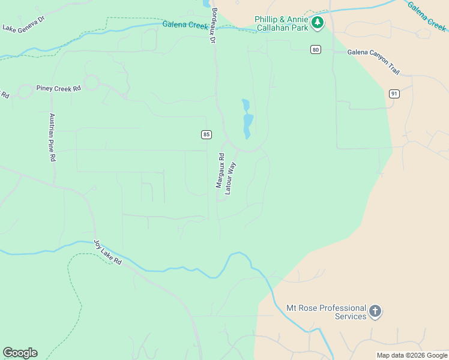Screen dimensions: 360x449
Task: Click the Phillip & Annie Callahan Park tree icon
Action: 318,23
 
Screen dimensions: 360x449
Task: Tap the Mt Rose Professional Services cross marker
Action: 375,311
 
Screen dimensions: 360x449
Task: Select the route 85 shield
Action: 206,134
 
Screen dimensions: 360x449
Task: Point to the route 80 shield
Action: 315,49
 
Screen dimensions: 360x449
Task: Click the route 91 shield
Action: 394,94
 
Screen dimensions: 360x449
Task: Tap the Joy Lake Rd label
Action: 107,253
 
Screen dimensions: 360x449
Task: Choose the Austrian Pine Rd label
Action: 52,137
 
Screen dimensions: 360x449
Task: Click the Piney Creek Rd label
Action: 58,89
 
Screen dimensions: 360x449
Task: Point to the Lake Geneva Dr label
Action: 23,23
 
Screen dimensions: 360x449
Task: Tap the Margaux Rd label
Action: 220,171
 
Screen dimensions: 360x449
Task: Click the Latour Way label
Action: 231,177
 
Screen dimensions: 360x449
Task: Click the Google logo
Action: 20,353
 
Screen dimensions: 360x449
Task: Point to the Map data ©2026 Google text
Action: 412,355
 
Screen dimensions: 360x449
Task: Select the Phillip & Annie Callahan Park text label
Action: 281,23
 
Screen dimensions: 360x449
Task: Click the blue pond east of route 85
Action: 247,120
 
